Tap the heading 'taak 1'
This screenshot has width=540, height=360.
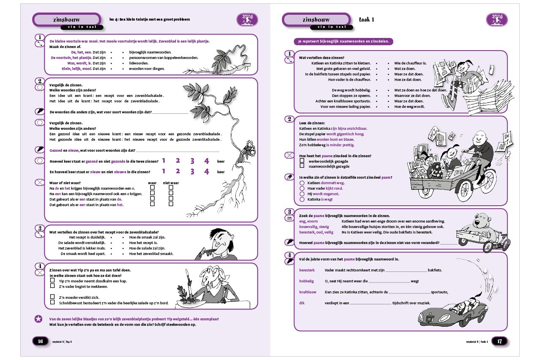(366, 19)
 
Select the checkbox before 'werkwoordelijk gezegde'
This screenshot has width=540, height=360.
(302, 161)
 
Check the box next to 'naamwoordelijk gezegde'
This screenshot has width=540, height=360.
(302, 166)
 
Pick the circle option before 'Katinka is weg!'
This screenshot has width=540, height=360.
(302, 199)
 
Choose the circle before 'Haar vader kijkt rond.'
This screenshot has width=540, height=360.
(302, 188)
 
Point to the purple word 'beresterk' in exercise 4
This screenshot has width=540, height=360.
(308, 270)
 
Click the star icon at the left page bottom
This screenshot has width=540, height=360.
(38, 319)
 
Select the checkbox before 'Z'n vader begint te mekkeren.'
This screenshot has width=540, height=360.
(52, 286)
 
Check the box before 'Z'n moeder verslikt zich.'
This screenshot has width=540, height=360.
(52, 297)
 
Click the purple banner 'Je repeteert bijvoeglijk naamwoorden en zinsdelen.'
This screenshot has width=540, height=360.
(344, 41)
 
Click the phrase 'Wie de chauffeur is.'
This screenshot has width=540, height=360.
(410, 63)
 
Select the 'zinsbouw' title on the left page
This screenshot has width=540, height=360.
(67, 19)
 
